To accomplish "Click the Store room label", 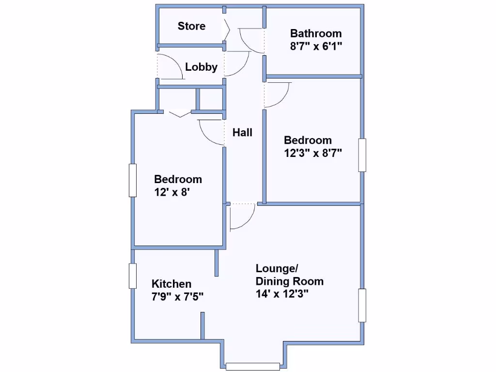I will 191,26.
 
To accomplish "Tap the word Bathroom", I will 315,33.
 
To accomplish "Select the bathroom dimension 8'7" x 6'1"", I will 315,47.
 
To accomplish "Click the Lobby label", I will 201,67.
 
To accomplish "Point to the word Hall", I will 242,132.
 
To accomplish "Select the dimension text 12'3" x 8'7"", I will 313,154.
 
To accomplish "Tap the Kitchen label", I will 171,284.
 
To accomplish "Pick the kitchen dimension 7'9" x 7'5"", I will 177,296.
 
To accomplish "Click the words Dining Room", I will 289,281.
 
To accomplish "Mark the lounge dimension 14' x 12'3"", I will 282,294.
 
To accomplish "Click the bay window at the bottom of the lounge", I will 253,367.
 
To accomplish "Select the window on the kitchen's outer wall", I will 133,276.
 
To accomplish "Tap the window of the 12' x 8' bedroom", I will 133,180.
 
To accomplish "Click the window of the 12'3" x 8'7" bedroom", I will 362,155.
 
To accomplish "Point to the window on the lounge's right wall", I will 362,305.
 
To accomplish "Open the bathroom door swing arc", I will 249,41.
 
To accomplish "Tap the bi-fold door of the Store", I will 227,30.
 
